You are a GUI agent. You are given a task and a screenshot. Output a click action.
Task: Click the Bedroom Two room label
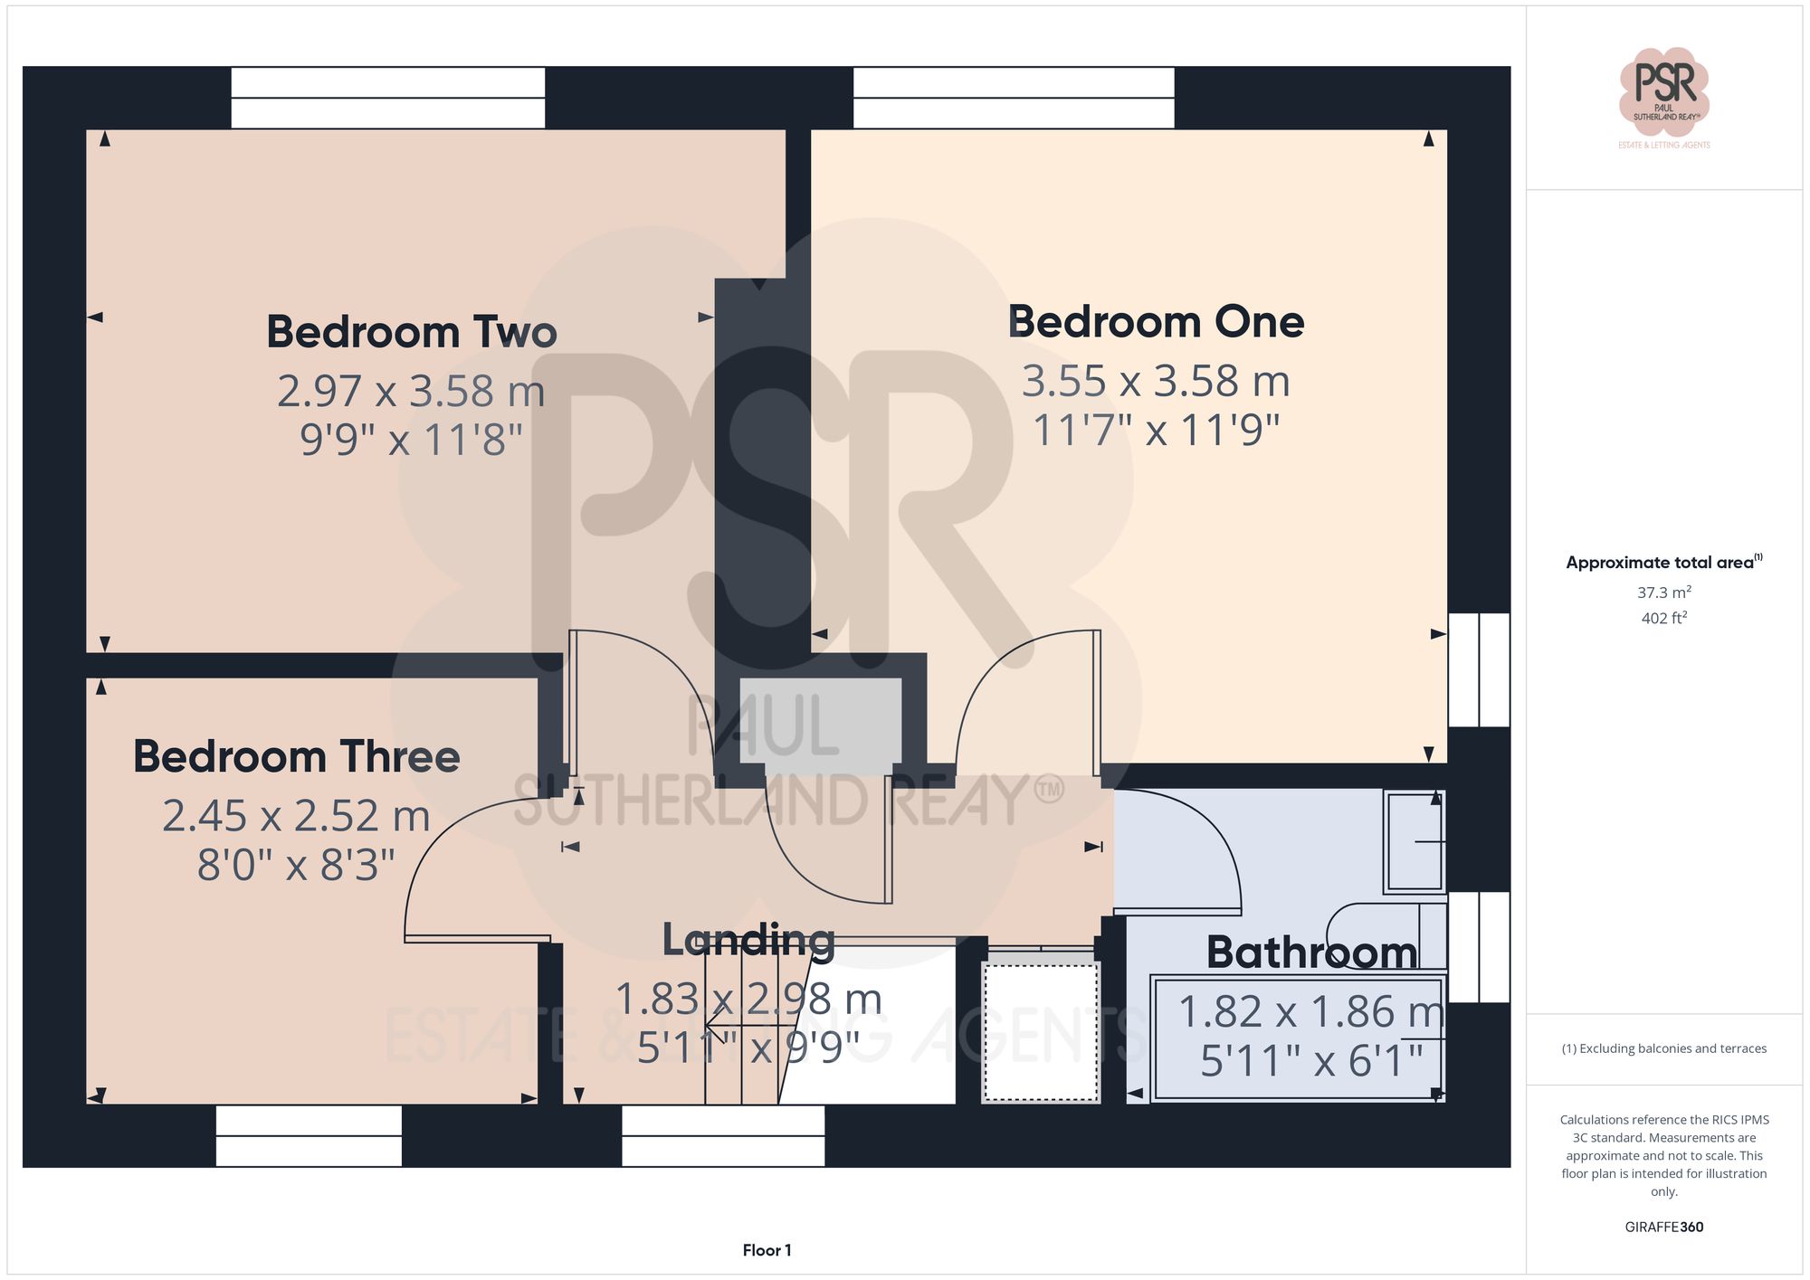coord(411,332)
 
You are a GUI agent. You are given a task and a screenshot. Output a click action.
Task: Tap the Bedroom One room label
coord(1156,322)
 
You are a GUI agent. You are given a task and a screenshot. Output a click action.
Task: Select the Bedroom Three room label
coord(296,756)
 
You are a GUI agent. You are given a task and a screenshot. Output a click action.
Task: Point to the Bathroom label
coord(1311,953)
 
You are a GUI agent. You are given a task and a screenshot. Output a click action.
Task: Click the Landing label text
coord(748,940)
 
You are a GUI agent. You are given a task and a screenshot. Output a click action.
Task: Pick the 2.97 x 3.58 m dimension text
coord(411,392)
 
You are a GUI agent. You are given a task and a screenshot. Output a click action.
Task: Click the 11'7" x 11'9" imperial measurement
coord(1156,431)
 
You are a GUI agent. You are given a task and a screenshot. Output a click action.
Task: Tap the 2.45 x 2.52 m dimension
coord(296,816)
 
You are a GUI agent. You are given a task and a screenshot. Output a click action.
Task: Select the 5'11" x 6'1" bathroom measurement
coord(1311,1061)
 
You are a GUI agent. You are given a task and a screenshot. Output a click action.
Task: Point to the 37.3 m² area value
coord(1663,593)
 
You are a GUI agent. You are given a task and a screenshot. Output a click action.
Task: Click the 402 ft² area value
coord(1663,619)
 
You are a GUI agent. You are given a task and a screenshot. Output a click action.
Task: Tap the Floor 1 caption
coord(767,1250)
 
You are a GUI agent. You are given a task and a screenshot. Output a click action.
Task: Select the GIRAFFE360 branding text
coord(1663,1228)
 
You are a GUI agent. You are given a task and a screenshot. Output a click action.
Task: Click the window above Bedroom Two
coord(387,98)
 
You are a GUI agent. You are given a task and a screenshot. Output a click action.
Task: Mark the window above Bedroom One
coord(1014,98)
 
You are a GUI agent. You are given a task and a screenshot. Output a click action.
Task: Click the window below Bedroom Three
coord(309,1136)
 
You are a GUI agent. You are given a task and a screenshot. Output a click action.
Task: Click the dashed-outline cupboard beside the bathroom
coord(1041,1032)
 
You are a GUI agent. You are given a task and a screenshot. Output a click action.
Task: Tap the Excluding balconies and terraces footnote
coord(1663,1048)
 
